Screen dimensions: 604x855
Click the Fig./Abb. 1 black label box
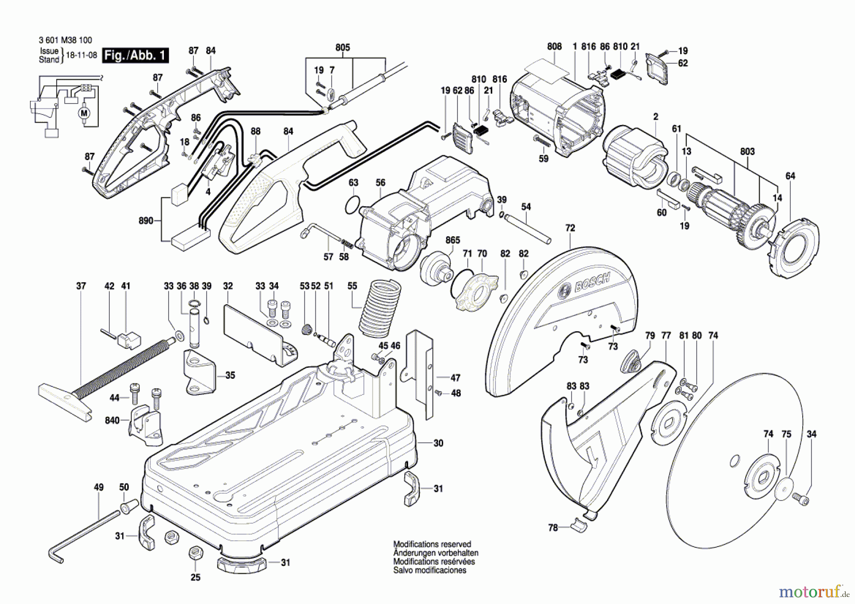click(135, 56)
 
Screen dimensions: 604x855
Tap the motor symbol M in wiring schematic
click(85, 113)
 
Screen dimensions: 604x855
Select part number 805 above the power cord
click(342, 48)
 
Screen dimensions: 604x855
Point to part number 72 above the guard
click(570, 228)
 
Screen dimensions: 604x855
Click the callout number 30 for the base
click(438, 443)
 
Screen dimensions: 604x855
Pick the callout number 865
click(453, 240)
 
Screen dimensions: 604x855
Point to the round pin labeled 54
click(527, 229)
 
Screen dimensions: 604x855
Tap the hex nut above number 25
click(195, 553)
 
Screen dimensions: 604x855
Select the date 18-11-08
click(81, 55)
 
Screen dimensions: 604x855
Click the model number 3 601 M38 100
click(66, 40)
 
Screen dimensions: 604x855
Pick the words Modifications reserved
click(432, 545)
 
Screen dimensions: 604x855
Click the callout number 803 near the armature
click(747, 152)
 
